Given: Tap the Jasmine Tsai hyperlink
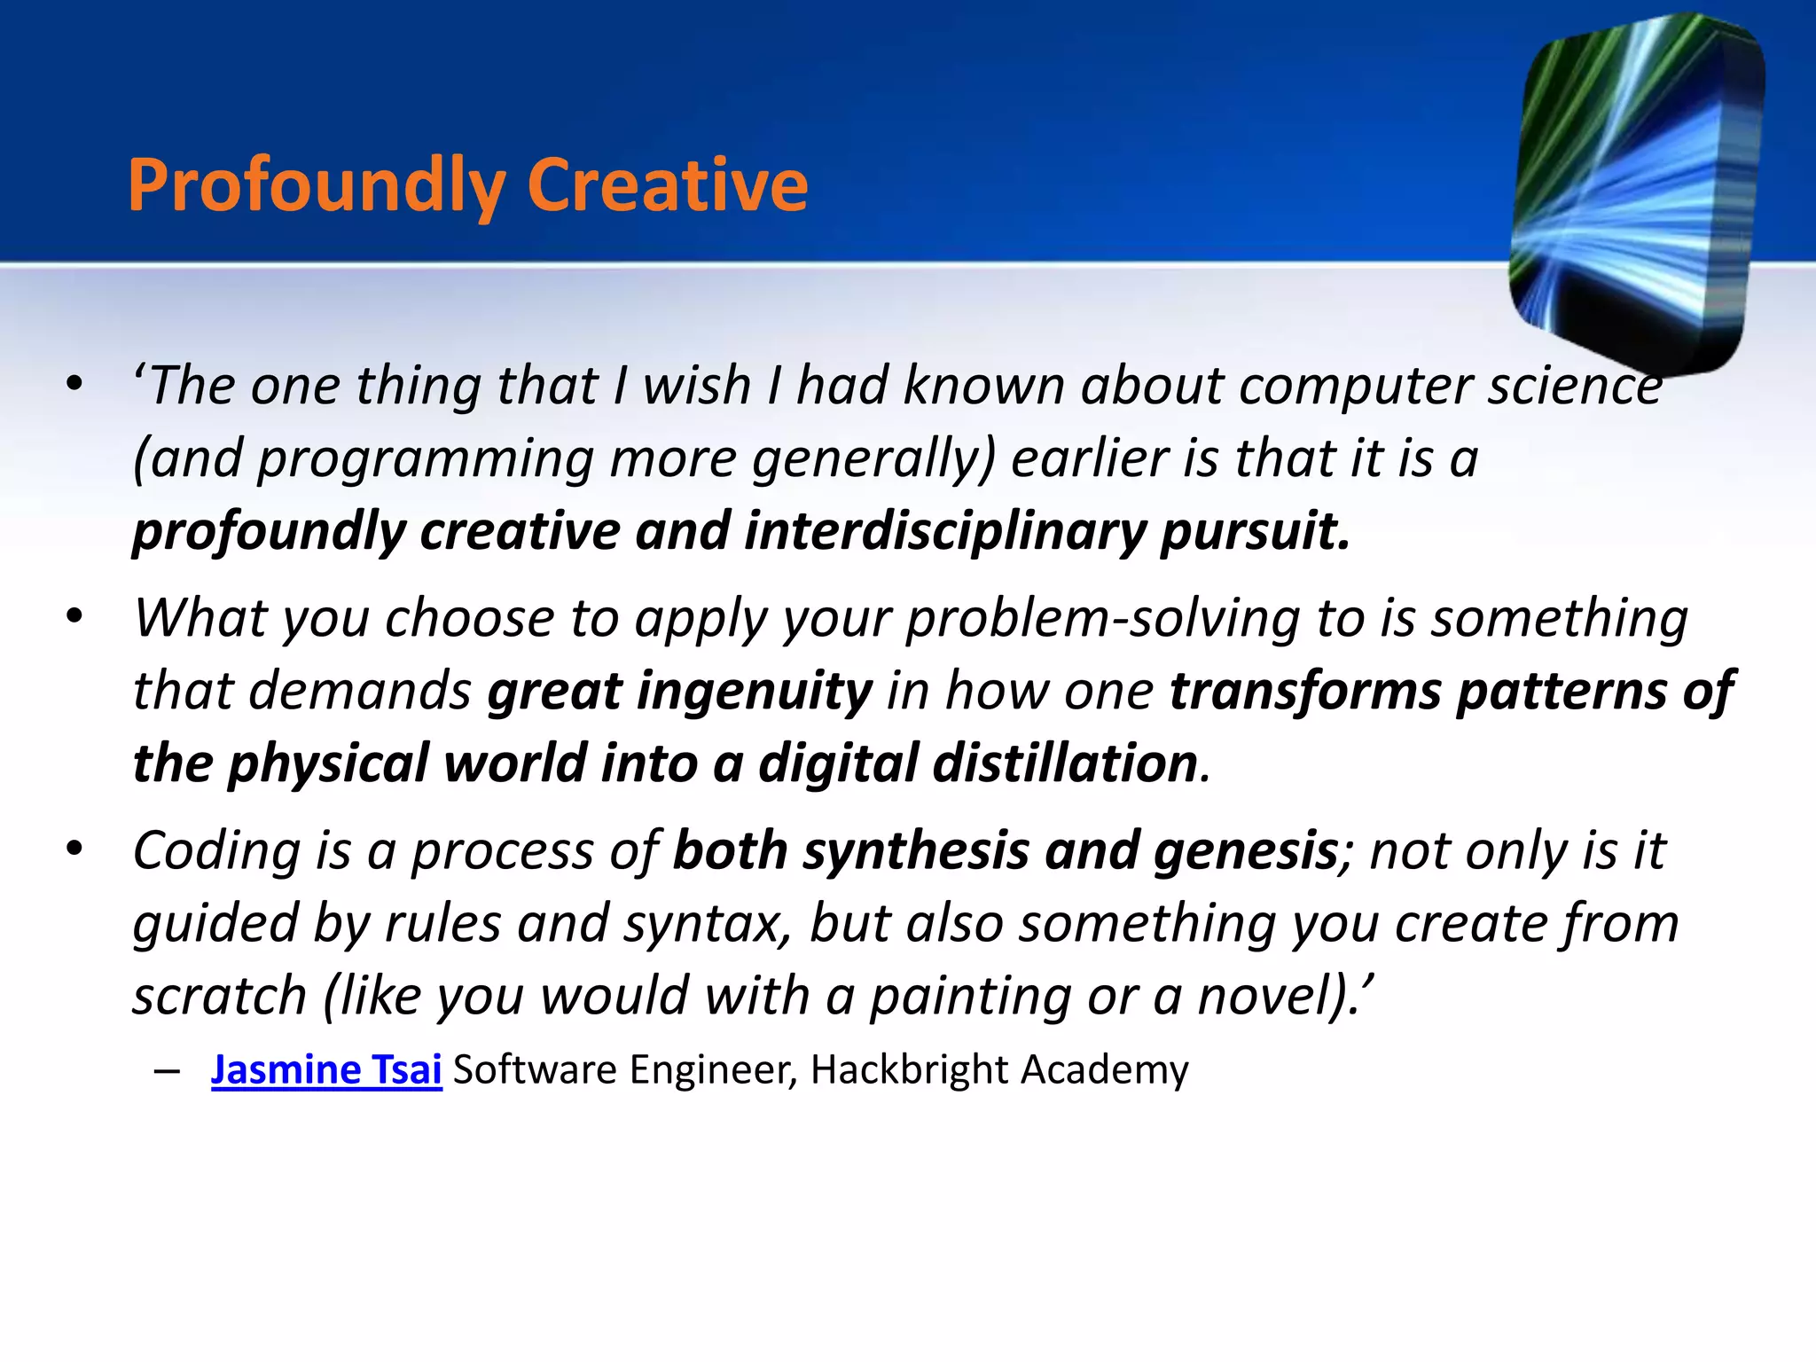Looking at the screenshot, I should tap(326, 1069).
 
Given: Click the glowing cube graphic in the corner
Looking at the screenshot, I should tap(1637, 191).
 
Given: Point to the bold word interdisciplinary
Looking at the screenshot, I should tap(945, 531).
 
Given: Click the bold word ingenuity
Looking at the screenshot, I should tap(680, 692).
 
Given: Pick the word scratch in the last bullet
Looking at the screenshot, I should tap(219, 996).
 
